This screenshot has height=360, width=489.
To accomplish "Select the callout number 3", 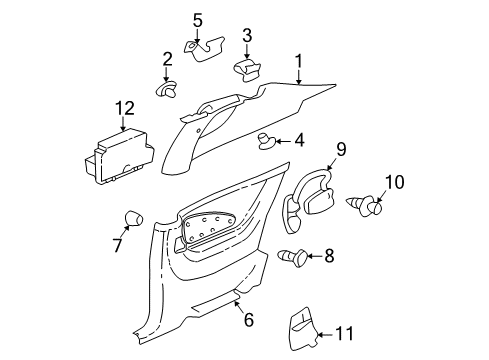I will click(246, 36).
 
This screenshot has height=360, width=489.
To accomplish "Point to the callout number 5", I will click(197, 19).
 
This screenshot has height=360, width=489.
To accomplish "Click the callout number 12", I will click(123, 107).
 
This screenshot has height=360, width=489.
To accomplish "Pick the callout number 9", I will click(340, 149).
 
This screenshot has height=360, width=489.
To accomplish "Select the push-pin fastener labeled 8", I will click(292, 257).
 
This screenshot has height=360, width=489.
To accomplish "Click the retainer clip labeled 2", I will click(166, 90).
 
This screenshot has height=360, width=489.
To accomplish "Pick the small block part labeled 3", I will click(246, 68).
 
